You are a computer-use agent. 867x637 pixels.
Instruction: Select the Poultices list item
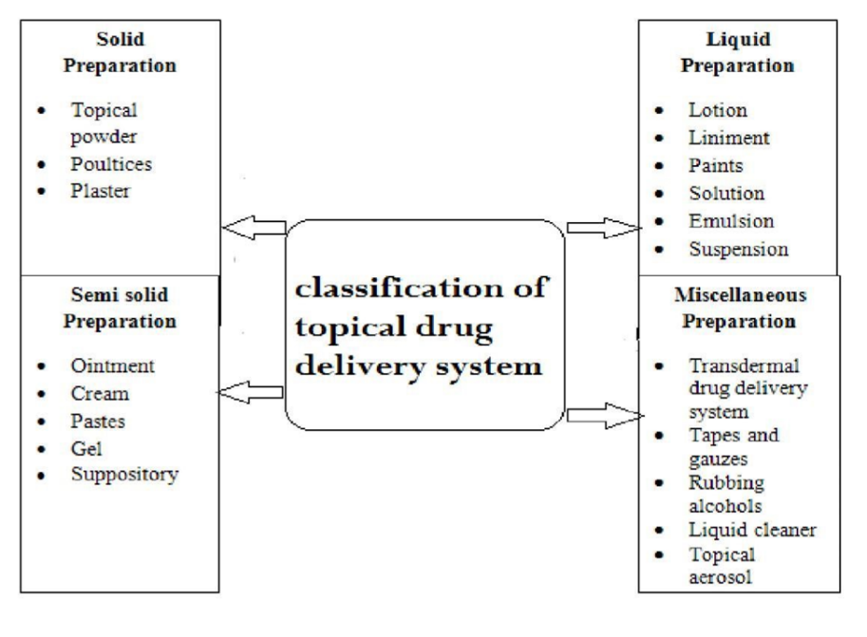click(111, 162)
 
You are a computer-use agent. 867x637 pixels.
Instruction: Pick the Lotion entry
click(719, 110)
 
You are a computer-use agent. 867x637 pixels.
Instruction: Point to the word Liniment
click(729, 138)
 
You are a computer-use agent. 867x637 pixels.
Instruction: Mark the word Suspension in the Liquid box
click(739, 249)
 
